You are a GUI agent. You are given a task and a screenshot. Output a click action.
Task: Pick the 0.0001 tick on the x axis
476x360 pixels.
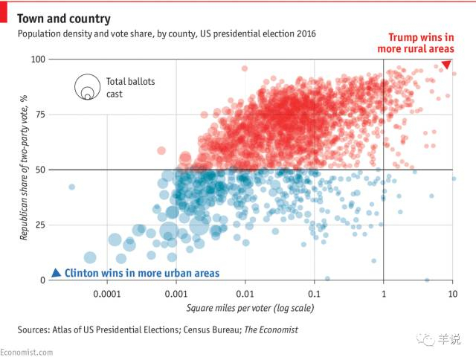107,294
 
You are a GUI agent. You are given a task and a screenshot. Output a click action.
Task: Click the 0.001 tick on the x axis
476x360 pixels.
176,294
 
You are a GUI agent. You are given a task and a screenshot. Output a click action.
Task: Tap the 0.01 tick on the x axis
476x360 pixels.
245,294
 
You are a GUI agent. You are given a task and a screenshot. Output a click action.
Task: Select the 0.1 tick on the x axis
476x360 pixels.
315,294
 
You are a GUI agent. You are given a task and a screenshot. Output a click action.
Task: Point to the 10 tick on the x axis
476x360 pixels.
452,294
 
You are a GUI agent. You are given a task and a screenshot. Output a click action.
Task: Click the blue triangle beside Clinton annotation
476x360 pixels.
55,273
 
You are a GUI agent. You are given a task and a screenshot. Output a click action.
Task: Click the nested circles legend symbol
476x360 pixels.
86,88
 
